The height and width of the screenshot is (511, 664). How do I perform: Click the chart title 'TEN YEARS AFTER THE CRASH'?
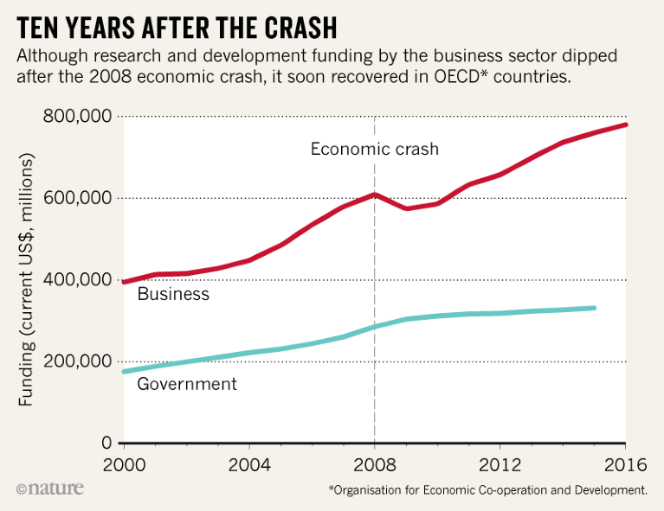[x=177, y=27]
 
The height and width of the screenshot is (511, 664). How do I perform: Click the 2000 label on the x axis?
[x=124, y=464]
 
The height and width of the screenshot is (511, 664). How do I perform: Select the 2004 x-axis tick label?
[x=249, y=464]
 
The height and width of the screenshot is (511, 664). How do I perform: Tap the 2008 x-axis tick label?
[x=374, y=464]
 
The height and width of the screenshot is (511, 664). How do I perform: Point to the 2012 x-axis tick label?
[x=500, y=464]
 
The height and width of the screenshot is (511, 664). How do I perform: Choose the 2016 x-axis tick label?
[x=625, y=464]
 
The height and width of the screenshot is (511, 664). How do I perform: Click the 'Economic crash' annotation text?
[x=375, y=149]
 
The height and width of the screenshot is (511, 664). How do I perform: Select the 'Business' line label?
[x=173, y=294]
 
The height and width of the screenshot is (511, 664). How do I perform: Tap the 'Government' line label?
[x=187, y=384]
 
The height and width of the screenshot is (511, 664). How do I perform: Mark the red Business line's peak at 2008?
[x=374, y=195]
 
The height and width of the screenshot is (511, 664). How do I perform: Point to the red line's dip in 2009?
[x=406, y=208]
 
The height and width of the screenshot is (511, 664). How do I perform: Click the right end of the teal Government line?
[x=594, y=308]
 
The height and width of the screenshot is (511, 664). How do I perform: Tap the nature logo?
[x=49, y=489]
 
